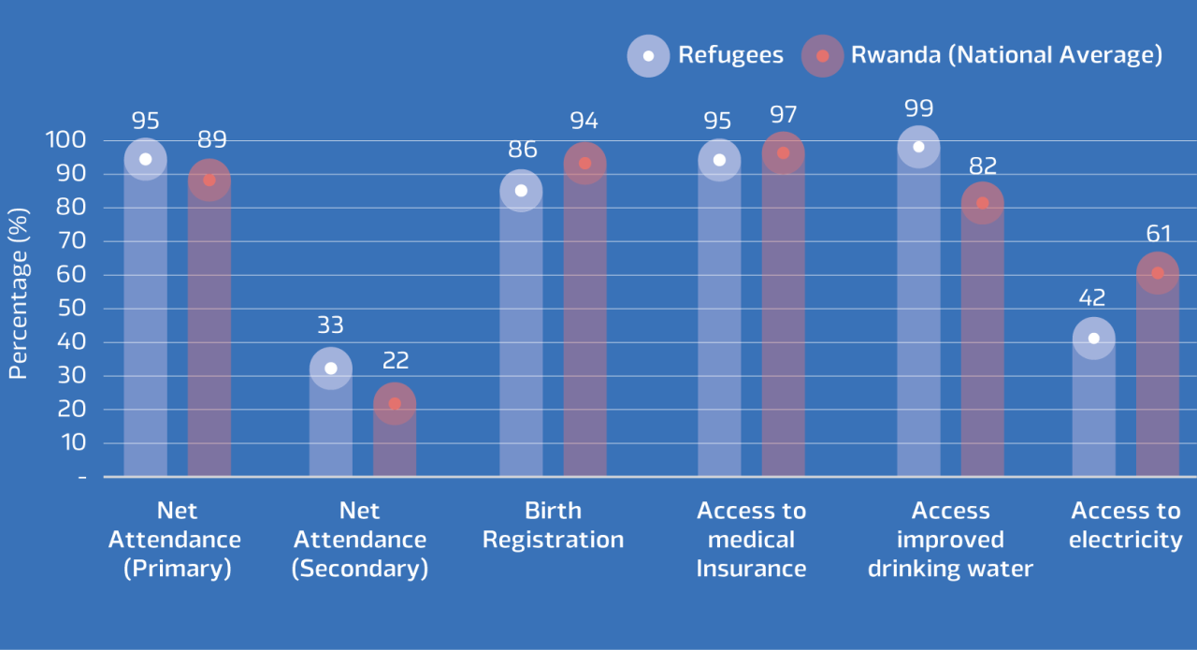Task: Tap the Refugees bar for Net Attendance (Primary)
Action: (x=145, y=318)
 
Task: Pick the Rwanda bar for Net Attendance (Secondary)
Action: (x=395, y=440)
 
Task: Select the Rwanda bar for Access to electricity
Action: (x=1158, y=374)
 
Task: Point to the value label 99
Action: (x=918, y=108)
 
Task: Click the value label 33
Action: (x=330, y=325)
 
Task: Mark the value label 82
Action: (x=983, y=166)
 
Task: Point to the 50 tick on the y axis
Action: (x=66, y=309)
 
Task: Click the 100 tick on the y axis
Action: (x=66, y=140)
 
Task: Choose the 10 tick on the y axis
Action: (x=66, y=443)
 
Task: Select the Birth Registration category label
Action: (x=553, y=526)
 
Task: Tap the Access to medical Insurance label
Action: (x=751, y=540)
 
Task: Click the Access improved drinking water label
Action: (x=950, y=540)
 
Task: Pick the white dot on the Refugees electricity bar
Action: (x=1093, y=339)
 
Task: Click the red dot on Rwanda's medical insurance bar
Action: (x=783, y=153)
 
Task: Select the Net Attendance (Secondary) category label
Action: (x=360, y=540)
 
